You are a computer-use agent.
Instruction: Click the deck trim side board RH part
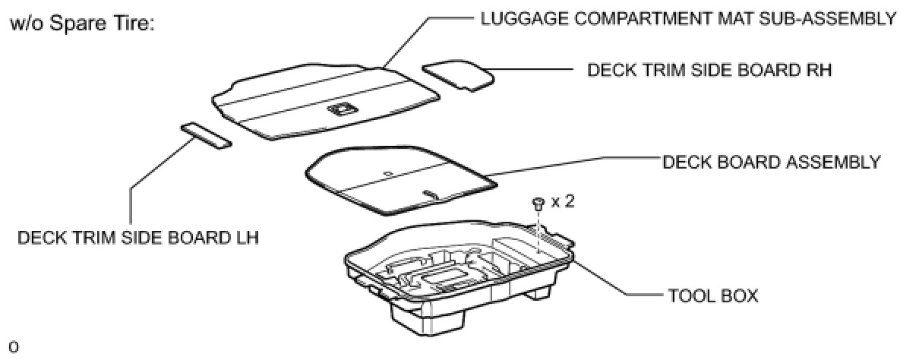tap(458, 75)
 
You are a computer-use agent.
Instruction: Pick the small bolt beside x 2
tap(538, 204)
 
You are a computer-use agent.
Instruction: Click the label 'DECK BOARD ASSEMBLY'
tap(771, 162)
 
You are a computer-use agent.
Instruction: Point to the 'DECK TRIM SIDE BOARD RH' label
tap(709, 70)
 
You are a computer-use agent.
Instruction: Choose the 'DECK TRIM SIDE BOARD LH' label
tap(138, 238)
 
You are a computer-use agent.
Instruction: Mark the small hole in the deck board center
tap(388, 173)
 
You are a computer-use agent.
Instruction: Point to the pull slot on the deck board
tap(431, 194)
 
